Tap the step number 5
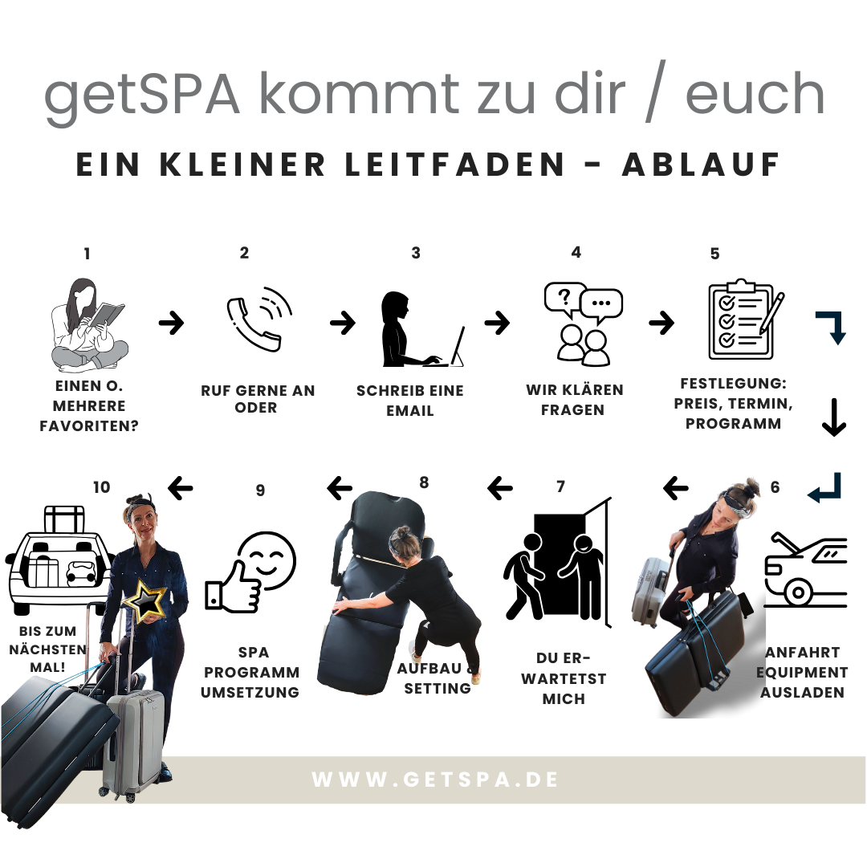click(715, 254)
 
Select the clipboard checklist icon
click(746, 320)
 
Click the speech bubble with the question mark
click(564, 299)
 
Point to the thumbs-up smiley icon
click(250, 572)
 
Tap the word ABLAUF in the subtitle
click(701, 165)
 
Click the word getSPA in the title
click(141, 94)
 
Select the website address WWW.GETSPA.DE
click(434, 779)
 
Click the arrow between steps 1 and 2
click(172, 323)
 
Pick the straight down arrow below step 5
click(834, 417)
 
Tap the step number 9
click(260, 490)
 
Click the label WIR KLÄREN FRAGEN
click(575, 400)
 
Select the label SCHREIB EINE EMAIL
click(409, 401)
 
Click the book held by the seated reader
click(107, 315)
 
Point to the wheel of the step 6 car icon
click(798, 592)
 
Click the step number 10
click(102, 487)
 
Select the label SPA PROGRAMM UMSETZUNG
click(250, 673)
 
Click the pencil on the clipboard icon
click(772, 313)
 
